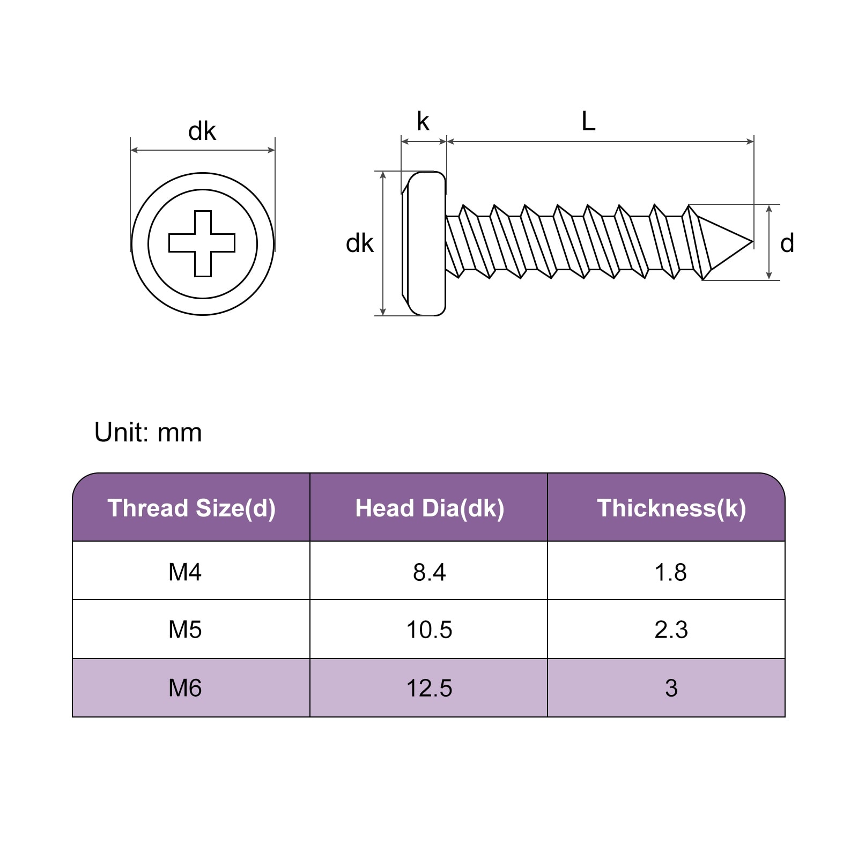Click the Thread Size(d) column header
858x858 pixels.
191,508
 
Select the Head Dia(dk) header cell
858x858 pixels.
430,508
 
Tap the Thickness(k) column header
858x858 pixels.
671,508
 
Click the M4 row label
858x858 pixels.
185,572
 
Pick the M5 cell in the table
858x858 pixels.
185,630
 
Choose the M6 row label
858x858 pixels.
185,688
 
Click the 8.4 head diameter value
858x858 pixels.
429,572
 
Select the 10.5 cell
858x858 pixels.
429,630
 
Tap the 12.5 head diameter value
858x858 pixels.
429,688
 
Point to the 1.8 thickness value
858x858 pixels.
671,572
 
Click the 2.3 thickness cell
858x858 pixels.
671,630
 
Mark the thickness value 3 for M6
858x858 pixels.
671,688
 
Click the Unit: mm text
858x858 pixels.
148,432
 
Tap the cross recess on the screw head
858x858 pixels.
202,243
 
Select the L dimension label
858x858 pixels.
588,122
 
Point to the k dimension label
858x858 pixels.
423,122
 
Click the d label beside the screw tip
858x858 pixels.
787,243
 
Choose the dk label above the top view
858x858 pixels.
202,131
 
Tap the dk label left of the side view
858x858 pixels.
359,243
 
